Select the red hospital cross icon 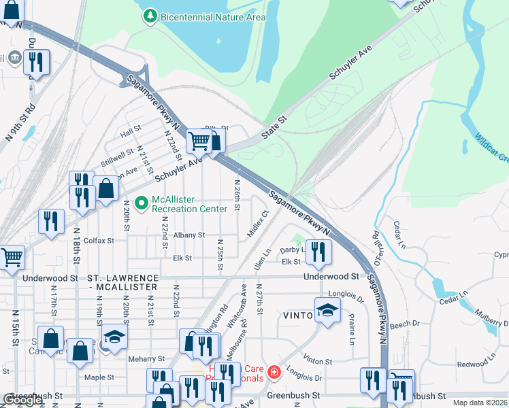click(274, 372)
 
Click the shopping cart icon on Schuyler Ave click(199, 141)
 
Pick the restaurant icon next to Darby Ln click(318, 251)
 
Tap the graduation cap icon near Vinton click(327, 311)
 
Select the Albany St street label click(188, 235)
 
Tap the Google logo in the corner click(22, 401)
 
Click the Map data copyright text click(480, 403)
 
